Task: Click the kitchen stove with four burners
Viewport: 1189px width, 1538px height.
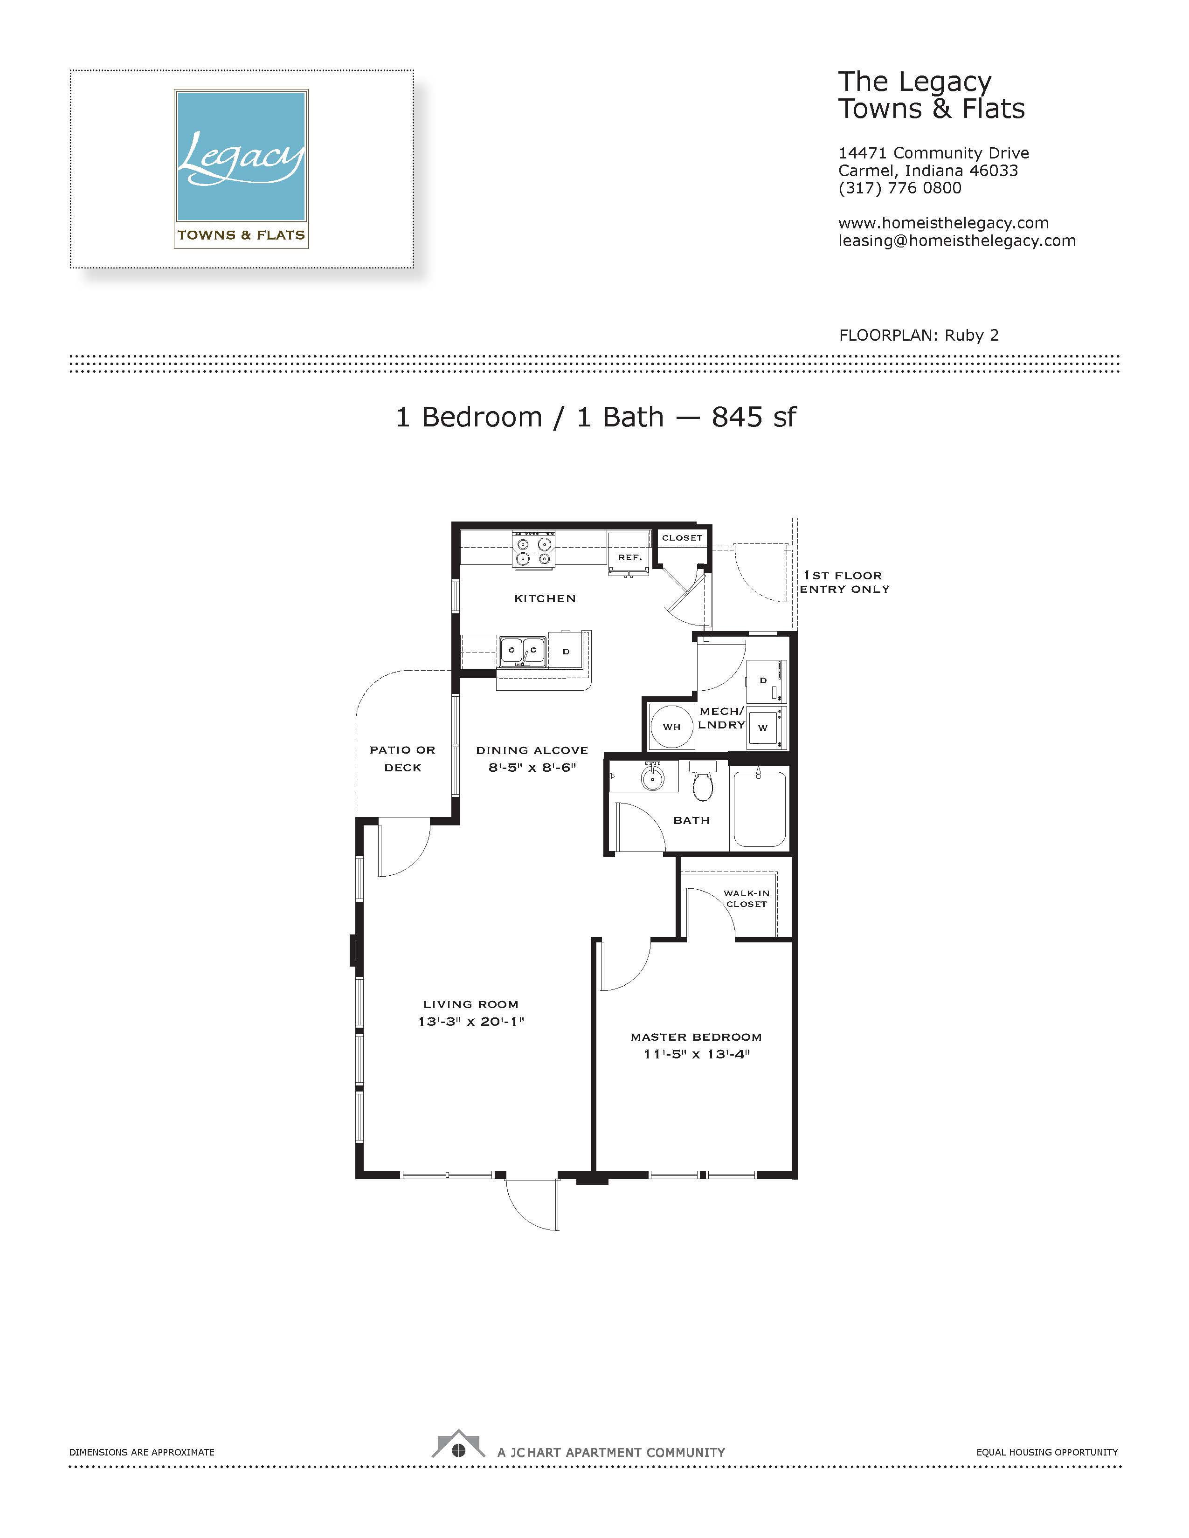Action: [534, 550]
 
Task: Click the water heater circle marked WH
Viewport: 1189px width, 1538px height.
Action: [671, 727]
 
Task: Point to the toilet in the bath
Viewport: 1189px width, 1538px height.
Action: [703, 781]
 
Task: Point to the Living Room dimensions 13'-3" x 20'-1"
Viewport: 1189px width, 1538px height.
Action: [471, 1022]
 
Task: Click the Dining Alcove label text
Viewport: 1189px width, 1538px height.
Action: [532, 751]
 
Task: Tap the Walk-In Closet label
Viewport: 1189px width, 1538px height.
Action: [747, 899]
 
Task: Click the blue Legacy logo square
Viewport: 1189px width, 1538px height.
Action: [242, 156]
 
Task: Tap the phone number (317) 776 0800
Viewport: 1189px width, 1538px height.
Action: [899, 188]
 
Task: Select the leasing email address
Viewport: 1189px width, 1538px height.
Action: [956, 241]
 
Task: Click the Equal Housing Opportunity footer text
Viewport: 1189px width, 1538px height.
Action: [1047, 1452]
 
